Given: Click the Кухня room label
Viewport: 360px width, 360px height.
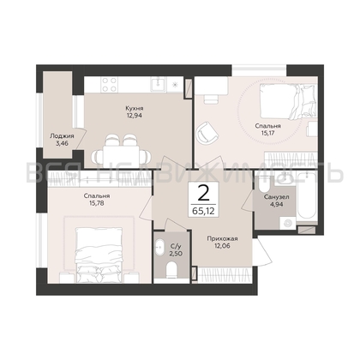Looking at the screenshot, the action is click(135, 109).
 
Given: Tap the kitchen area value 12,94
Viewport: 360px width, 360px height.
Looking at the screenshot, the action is click(135, 116).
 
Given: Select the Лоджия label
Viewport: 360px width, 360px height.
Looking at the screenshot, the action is click(62, 136).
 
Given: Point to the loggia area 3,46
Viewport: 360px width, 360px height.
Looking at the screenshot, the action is click(62, 143).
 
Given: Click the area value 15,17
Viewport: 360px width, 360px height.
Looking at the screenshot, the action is click(267, 133).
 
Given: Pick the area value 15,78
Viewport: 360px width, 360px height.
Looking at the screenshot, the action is click(97, 203).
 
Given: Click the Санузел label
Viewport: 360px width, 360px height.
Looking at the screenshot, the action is click(276, 197).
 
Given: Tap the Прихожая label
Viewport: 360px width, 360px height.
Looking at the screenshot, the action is click(222, 239).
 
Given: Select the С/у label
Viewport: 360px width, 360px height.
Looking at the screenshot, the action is click(176, 246).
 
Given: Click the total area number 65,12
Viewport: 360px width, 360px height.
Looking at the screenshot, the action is click(203, 211).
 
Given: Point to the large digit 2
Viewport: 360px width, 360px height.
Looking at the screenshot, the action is click(203, 194).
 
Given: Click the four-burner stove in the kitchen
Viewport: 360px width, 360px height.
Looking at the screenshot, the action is click(109, 84).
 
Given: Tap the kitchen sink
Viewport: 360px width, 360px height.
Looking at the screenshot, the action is click(158, 84).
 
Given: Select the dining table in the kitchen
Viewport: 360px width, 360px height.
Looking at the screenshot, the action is click(121, 156).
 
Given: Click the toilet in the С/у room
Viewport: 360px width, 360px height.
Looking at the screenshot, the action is click(172, 270).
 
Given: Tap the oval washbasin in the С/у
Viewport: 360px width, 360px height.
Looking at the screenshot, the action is click(159, 248).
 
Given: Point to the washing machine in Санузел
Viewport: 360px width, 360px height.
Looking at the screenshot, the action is click(288, 223).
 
